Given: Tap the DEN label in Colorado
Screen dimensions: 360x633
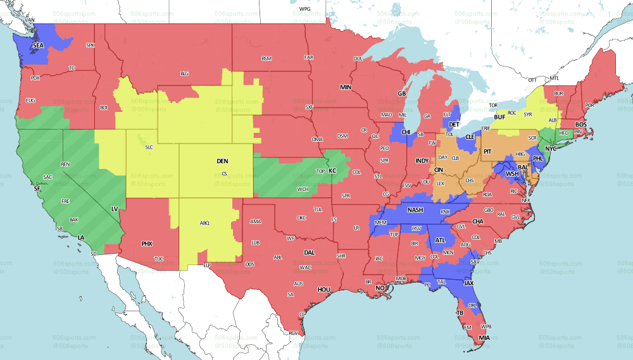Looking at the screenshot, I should point(223,161).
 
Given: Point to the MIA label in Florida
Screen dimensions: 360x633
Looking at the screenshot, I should point(484,338).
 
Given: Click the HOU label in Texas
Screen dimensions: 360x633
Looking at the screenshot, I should point(324,289).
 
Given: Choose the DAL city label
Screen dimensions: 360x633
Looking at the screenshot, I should point(309,252).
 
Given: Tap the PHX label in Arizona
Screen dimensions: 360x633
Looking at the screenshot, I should point(147,244).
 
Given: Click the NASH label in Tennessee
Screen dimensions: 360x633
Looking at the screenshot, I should point(415,210).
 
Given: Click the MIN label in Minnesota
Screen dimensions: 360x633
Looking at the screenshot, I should point(346,87).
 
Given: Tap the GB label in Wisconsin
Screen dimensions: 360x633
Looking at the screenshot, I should point(401,94).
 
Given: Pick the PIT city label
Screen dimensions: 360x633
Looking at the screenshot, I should point(487,152).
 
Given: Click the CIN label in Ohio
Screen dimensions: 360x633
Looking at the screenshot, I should point(438,170).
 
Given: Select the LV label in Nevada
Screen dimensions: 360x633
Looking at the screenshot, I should point(115,208).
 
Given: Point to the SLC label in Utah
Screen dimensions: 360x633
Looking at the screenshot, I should point(149,147).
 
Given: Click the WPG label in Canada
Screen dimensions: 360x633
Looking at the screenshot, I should point(305,9).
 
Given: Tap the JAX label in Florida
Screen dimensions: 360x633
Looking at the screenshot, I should point(468,283).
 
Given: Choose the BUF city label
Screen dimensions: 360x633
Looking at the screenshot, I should point(500,117).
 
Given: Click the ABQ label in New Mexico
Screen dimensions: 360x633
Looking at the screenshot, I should point(204,223).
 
